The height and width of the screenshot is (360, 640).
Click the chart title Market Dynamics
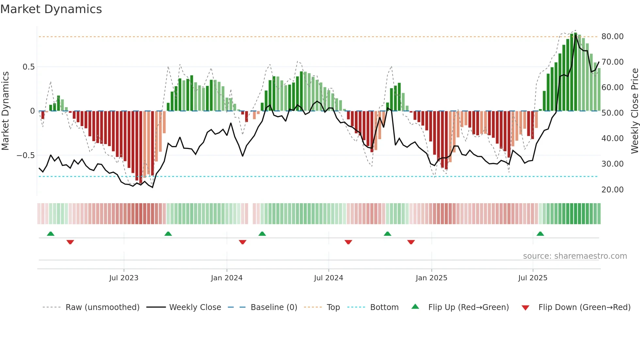(51, 9)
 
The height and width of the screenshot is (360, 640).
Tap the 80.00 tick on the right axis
(612, 37)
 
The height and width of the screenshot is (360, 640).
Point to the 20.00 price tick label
(612, 190)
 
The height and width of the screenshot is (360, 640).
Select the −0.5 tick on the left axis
(25, 155)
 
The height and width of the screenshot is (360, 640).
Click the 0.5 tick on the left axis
(28, 67)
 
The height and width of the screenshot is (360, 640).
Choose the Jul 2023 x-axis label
(124, 278)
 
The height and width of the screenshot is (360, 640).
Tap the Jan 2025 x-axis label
(431, 278)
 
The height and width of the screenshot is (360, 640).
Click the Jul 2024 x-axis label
(328, 278)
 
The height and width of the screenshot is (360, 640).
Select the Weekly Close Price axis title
(634, 111)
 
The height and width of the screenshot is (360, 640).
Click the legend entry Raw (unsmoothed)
(102, 307)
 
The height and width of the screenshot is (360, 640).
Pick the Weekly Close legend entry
(195, 307)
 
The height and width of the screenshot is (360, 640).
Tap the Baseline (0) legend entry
(274, 307)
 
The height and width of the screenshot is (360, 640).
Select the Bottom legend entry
(384, 307)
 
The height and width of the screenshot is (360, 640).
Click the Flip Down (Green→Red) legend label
(584, 307)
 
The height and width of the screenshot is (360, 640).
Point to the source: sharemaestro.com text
(575, 256)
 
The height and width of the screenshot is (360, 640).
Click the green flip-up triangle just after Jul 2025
(540, 234)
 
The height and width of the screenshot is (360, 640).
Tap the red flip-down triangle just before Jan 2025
(411, 242)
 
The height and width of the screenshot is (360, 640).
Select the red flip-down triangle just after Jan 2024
(242, 242)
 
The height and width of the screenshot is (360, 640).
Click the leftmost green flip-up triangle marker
(51, 234)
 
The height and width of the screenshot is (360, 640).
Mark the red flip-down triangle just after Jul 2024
(348, 242)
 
